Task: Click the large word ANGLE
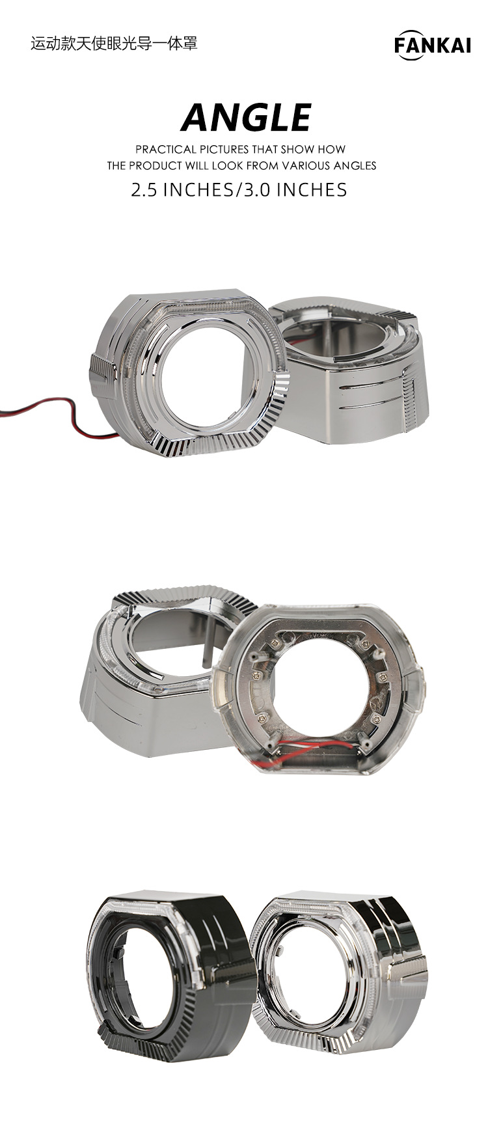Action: click(246, 118)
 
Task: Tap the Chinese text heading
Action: click(114, 44)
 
